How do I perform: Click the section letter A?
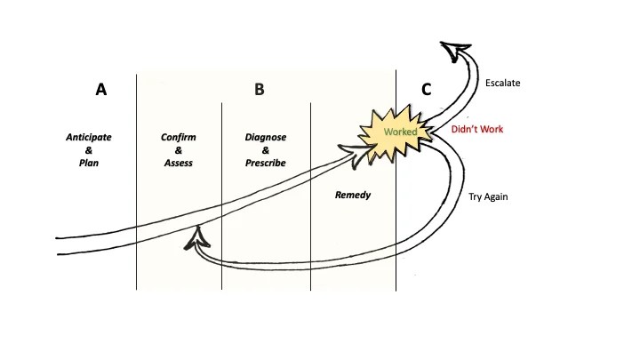point(101,90)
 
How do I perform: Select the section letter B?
point(260,90)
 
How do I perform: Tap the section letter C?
point(427,90)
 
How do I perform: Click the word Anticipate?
point(88,138)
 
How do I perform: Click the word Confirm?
point(178,138)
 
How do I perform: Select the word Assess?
point(178,164)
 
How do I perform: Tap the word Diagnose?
point(266,138)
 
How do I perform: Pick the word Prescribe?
point(266,164)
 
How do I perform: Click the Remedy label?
point(352,194)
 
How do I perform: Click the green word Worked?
point(400,132)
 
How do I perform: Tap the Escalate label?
point(502,84)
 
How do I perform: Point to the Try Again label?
point(488,196)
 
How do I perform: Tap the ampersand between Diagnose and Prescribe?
point(266,151)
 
